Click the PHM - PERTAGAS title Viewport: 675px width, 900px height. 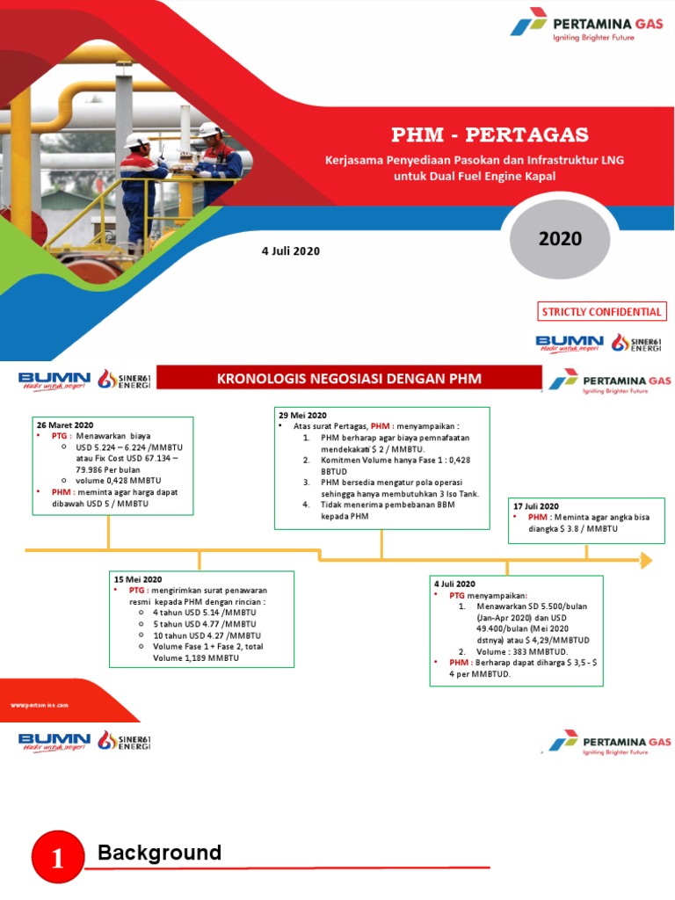pos(490,134)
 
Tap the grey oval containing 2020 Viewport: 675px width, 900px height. pos(560,239)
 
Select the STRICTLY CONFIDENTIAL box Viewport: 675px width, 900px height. pos(602,311)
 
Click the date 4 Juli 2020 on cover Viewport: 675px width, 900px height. pos(291,251)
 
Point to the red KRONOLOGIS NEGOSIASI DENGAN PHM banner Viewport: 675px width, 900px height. pos(350,379)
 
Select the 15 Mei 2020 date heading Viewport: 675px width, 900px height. pos(138,580)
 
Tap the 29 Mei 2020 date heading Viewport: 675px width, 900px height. pos(302,415)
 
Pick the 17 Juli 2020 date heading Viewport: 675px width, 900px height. pos(536,506)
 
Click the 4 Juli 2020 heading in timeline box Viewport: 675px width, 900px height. pos(454,584)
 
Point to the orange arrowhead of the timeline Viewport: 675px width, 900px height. pos(646,560)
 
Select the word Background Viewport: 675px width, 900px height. pos(159,853)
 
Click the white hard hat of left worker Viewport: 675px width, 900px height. pos(134,139)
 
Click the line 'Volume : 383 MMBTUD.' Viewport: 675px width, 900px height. pos(522,651)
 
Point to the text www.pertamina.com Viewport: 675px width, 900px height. pos(39,705)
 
